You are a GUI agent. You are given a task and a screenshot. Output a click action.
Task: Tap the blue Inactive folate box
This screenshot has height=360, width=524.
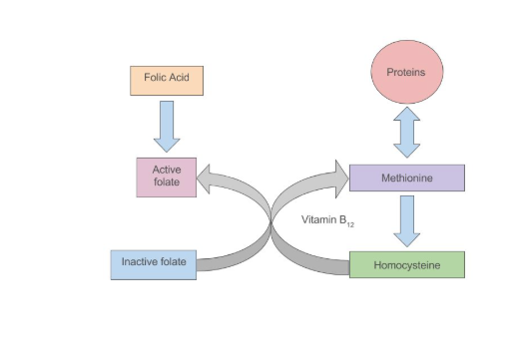tap(153, 263)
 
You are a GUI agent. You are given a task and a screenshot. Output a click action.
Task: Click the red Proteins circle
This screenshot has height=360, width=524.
tap(406, 73)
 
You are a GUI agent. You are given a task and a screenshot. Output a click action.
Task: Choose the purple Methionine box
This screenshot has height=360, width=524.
tap(406, 178)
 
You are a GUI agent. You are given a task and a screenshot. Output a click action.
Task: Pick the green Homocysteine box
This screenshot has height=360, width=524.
tap(406, 265)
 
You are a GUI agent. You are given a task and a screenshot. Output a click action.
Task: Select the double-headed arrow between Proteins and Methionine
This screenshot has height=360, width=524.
tap(406, 134)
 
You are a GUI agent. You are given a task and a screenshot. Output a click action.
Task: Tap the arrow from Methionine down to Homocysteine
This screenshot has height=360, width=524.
tap(406, 221)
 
